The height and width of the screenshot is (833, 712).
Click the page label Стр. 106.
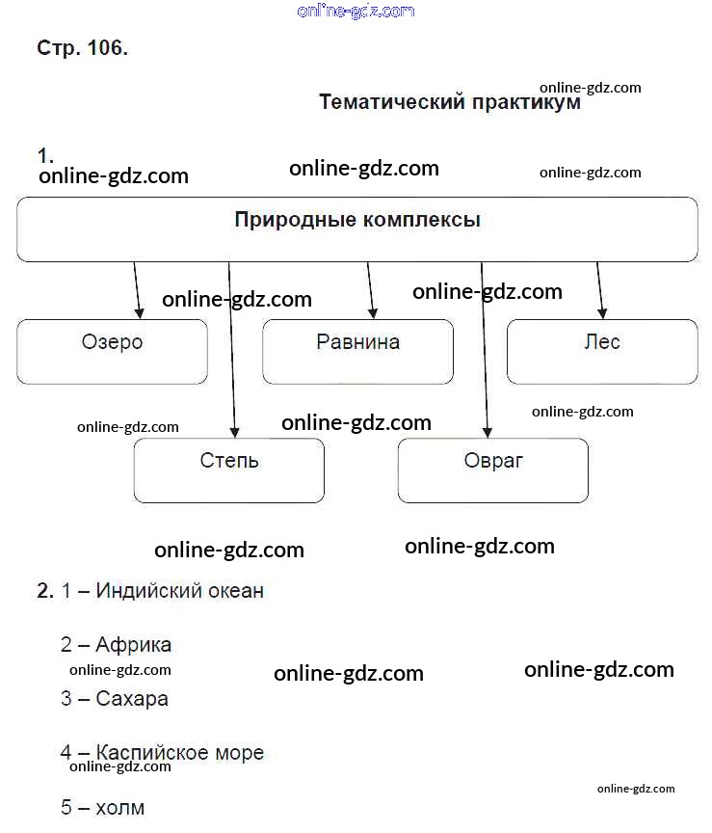(82, 48)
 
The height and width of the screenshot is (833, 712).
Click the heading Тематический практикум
(449, 102)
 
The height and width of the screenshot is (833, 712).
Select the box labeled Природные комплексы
(356, 229)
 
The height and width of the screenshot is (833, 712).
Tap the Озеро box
(112, 352)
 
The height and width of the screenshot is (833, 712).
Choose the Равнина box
(357, 352)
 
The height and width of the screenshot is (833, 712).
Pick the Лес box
(602, 352)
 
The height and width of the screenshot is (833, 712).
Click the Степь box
(229, 470)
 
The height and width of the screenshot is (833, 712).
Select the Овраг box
(492, 470)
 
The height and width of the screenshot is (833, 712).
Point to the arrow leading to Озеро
(137, 289)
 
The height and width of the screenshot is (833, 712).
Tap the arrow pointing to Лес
(600, 289)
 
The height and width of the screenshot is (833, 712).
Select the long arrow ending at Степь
(231, 347)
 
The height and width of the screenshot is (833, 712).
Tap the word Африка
(134, 644)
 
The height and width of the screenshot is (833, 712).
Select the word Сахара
(132, 698)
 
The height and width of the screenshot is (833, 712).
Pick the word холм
(120, 807)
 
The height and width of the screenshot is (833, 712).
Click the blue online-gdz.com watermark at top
(356, 11)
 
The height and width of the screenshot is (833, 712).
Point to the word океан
(234, 590)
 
